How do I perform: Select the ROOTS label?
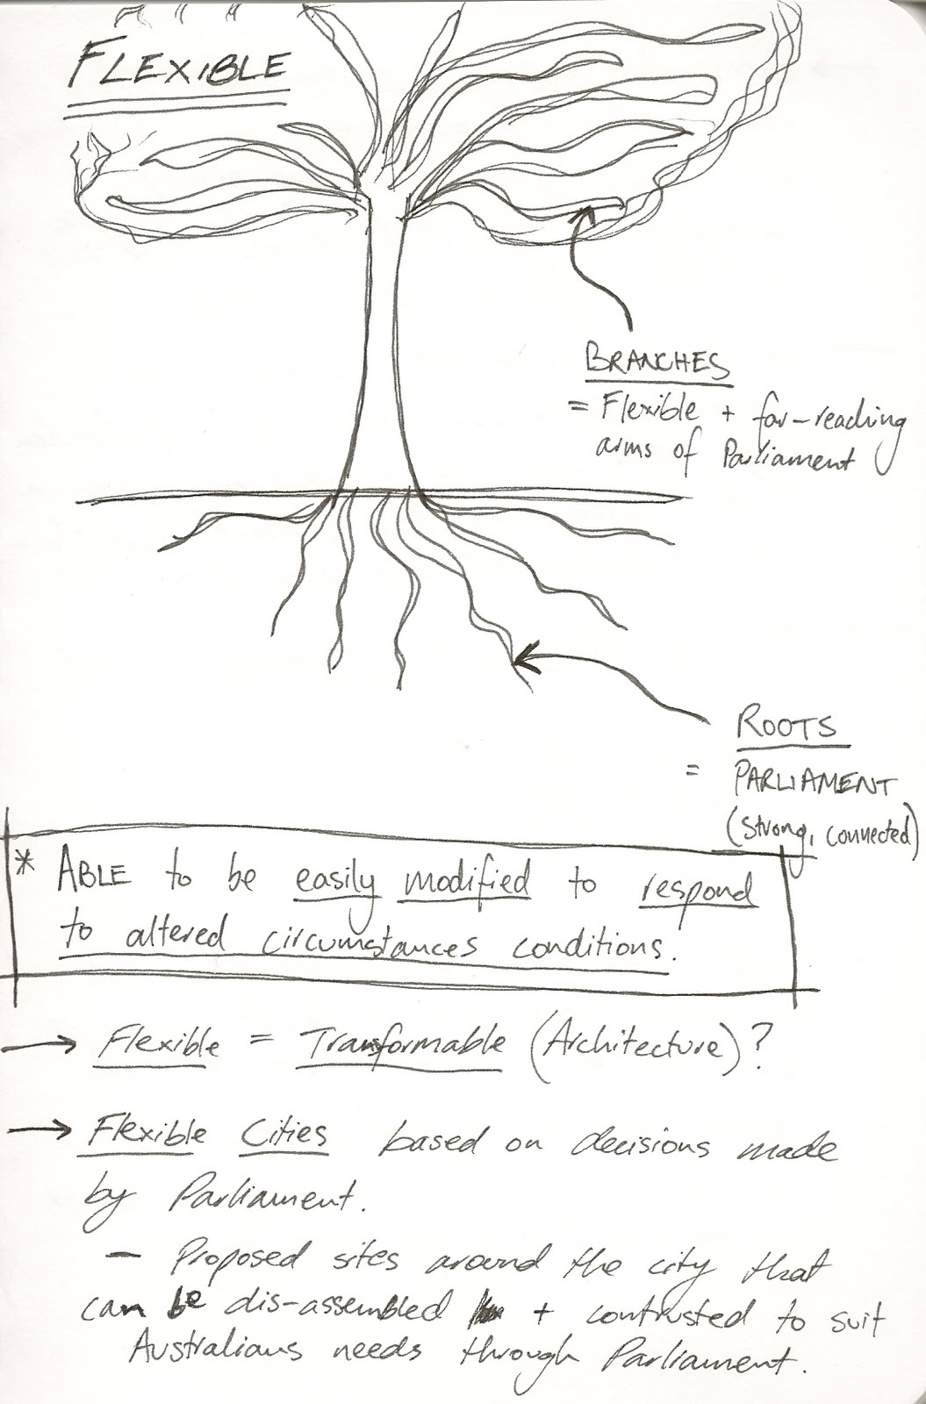(x=785, y=727)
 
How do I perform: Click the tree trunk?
(x=384, y=351)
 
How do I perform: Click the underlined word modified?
(x=467, y=880)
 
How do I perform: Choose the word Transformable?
(x=401, y=1042)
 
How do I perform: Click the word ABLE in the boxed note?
(x=94, y=874)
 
